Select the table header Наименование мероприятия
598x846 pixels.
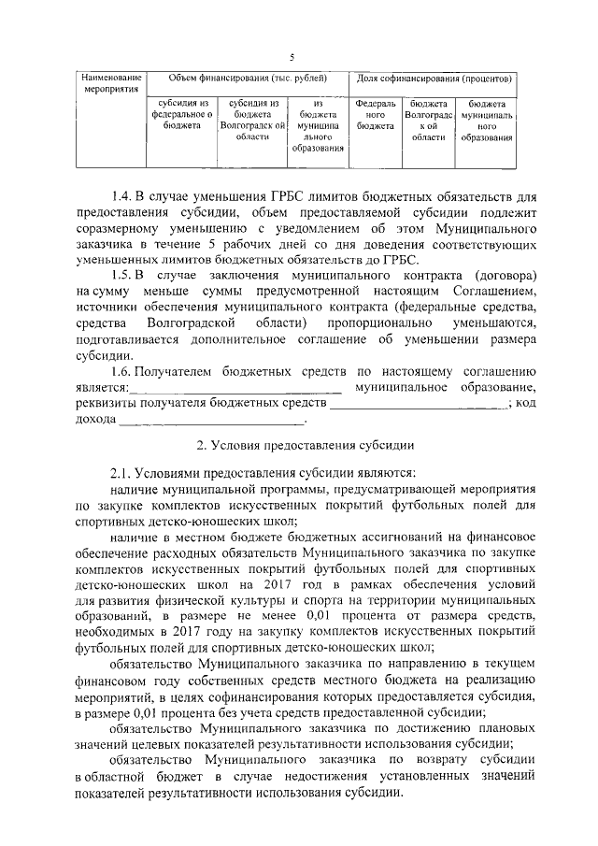tap(110, 83)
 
